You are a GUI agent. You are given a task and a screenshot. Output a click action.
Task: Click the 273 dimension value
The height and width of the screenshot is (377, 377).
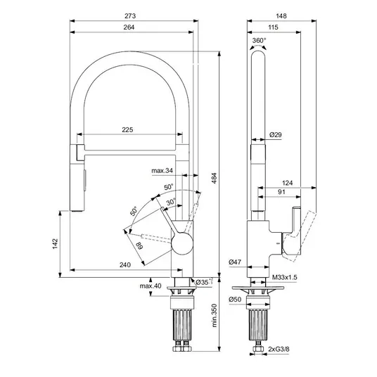(x=130, y=16)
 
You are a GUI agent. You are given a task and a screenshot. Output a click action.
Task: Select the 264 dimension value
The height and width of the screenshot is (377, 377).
(x=129, y=27)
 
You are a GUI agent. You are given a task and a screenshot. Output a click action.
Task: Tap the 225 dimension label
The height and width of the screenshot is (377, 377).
(x=127, y=130)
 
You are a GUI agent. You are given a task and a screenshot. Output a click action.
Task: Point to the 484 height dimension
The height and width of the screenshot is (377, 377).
(x=215, y=178)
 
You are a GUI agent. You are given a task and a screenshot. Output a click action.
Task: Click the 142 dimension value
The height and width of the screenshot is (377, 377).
(x=56, y=243)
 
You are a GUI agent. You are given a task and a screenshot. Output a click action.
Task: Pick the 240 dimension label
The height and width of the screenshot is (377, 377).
(x=125, y=264)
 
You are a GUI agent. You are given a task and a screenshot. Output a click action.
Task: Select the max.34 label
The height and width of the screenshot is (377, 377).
(x=162, y=171)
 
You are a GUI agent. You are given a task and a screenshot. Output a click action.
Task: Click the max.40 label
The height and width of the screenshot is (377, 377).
(x=151, y=286)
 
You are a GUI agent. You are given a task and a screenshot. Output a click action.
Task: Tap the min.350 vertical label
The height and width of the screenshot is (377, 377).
(x=215, y=315)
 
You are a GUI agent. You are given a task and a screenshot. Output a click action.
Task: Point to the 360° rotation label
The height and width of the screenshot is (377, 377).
(x=259, y=40)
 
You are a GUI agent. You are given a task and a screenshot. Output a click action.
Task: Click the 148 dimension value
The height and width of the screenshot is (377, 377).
(x=281, y=16)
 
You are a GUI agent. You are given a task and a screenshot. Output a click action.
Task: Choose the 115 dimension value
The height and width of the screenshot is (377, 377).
(x=273, y=27)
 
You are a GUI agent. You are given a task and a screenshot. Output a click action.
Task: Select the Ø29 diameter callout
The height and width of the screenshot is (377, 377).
(x=276, y=134)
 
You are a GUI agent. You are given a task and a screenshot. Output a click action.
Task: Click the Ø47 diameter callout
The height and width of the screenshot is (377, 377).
(x=235, y=262)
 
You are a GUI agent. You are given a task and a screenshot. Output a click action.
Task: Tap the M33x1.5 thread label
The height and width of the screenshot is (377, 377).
(x=285, y=277)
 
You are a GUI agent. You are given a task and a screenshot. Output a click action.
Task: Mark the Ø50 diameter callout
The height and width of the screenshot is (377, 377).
(x=235, y=300)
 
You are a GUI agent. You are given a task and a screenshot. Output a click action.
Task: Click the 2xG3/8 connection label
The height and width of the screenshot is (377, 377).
(x=279, y=349)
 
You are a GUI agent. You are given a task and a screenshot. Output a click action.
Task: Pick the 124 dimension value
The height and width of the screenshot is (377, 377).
(x=287, y=183)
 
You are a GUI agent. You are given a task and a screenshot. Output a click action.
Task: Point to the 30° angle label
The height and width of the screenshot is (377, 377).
(x=171, y=202)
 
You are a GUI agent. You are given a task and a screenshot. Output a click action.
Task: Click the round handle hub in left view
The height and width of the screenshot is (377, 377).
(x=182, y=243)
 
